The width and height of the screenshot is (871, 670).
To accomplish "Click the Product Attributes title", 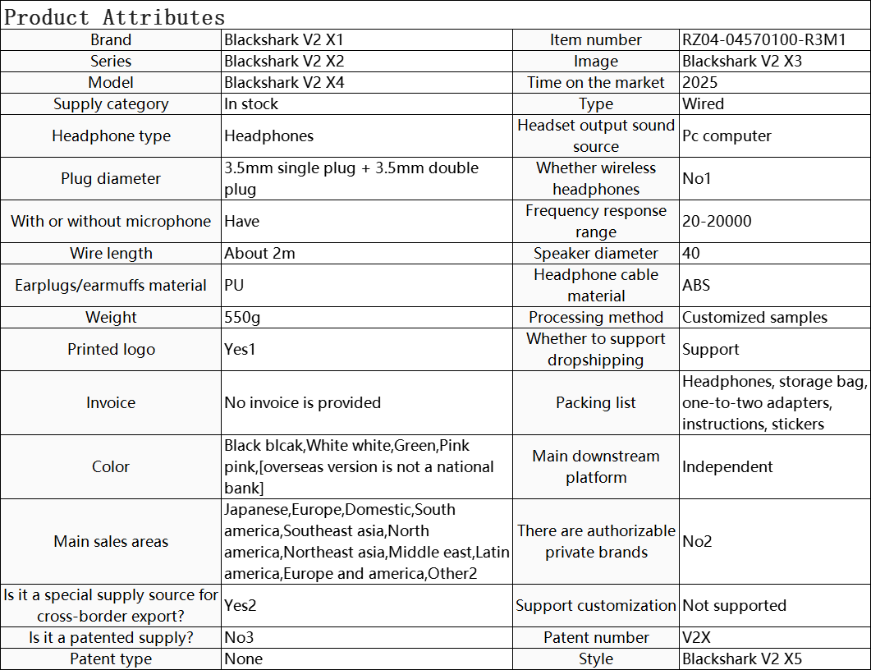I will [115, 16].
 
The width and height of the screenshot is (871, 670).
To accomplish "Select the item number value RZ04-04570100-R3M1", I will [763, 39].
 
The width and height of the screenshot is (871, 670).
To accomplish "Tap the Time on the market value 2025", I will [700, 82].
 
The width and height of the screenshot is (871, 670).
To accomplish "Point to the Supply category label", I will [111, 103].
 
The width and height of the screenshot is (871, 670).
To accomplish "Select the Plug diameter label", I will [111, 178].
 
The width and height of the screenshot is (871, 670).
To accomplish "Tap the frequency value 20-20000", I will [717, 221].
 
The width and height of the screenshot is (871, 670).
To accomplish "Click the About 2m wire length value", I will [259, 253].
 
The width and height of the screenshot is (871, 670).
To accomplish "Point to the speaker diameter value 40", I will [691, 253].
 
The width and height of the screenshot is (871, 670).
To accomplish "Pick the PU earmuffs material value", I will [234, 285].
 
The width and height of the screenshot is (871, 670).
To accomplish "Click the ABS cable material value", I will [696, 285].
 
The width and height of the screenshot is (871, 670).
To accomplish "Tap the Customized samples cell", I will [754, 317].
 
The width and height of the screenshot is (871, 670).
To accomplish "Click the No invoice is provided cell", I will [302, 402].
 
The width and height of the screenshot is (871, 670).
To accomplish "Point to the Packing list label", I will [596, 402].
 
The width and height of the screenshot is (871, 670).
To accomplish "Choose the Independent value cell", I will [727, 466].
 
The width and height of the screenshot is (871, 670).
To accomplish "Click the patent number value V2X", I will [698, 637].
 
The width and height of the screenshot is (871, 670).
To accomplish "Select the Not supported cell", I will [734, 605].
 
